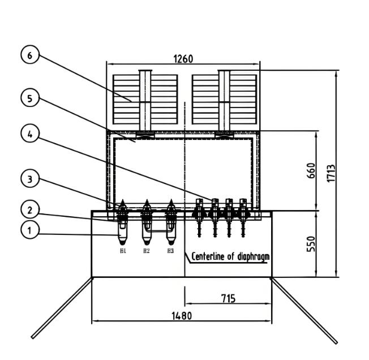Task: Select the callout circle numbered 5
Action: coord(29,98)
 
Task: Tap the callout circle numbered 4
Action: coord(29,134)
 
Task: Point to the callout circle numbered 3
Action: coord(29,179)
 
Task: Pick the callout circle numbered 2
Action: coord(29,210)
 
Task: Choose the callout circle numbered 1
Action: coord(29,230)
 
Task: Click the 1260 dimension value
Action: coord(182,59)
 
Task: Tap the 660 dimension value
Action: coord(311,170)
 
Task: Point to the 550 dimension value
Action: coord(311,245)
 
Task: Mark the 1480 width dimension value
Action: coord(181,316)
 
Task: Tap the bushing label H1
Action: coord(122,250)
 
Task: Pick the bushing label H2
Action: coord(146,250)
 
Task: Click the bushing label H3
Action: coord(170,250)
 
